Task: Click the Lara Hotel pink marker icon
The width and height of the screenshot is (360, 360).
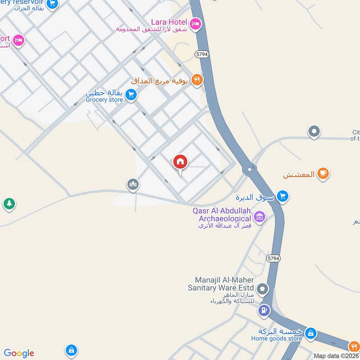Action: pos(195,23)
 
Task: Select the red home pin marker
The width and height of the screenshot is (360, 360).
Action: pos(180,162)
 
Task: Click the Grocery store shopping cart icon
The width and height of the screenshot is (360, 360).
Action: pos(131,94)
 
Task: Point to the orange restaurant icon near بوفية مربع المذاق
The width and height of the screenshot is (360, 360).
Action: pos(197,80)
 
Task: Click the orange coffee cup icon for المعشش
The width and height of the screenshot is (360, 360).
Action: pos(323,173)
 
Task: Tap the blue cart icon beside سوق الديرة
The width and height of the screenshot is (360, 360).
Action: pos(283,196)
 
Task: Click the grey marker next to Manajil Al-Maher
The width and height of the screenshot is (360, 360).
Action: pos(263,288)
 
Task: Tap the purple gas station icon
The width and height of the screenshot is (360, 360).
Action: pos(264,310)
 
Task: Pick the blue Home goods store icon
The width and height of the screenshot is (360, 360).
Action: pos(310,333)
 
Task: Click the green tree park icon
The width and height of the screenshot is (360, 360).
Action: pos(9,204)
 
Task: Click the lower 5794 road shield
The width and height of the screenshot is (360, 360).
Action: pos(272,258)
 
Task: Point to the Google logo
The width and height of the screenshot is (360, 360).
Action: pos(19,353)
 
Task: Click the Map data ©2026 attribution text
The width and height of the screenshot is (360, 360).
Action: pos(336,355)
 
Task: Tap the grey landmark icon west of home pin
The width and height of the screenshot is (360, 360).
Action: pos(133,184)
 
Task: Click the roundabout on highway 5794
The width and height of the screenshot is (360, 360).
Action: pos(249,170)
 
